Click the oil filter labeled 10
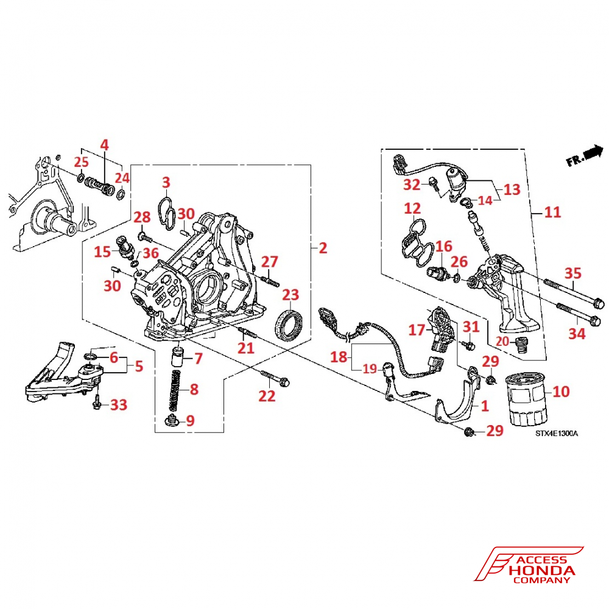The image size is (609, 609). point(527,403)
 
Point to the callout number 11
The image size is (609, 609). point(553,213)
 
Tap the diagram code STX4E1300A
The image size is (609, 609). point(557,434)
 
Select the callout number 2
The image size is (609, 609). point(323,248)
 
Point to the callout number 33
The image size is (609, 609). point(118,404)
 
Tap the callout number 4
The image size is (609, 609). point(104,146)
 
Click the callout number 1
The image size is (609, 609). point(485,405)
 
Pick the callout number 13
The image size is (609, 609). point(512,189)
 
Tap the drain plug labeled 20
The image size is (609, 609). point(519,345)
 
